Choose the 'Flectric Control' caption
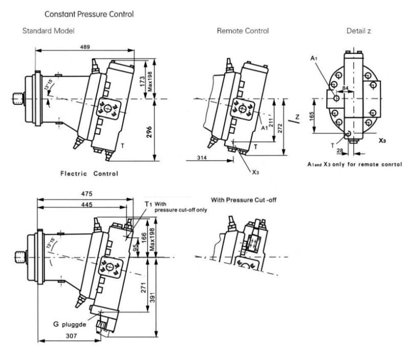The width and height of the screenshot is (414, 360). coord(89,174)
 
